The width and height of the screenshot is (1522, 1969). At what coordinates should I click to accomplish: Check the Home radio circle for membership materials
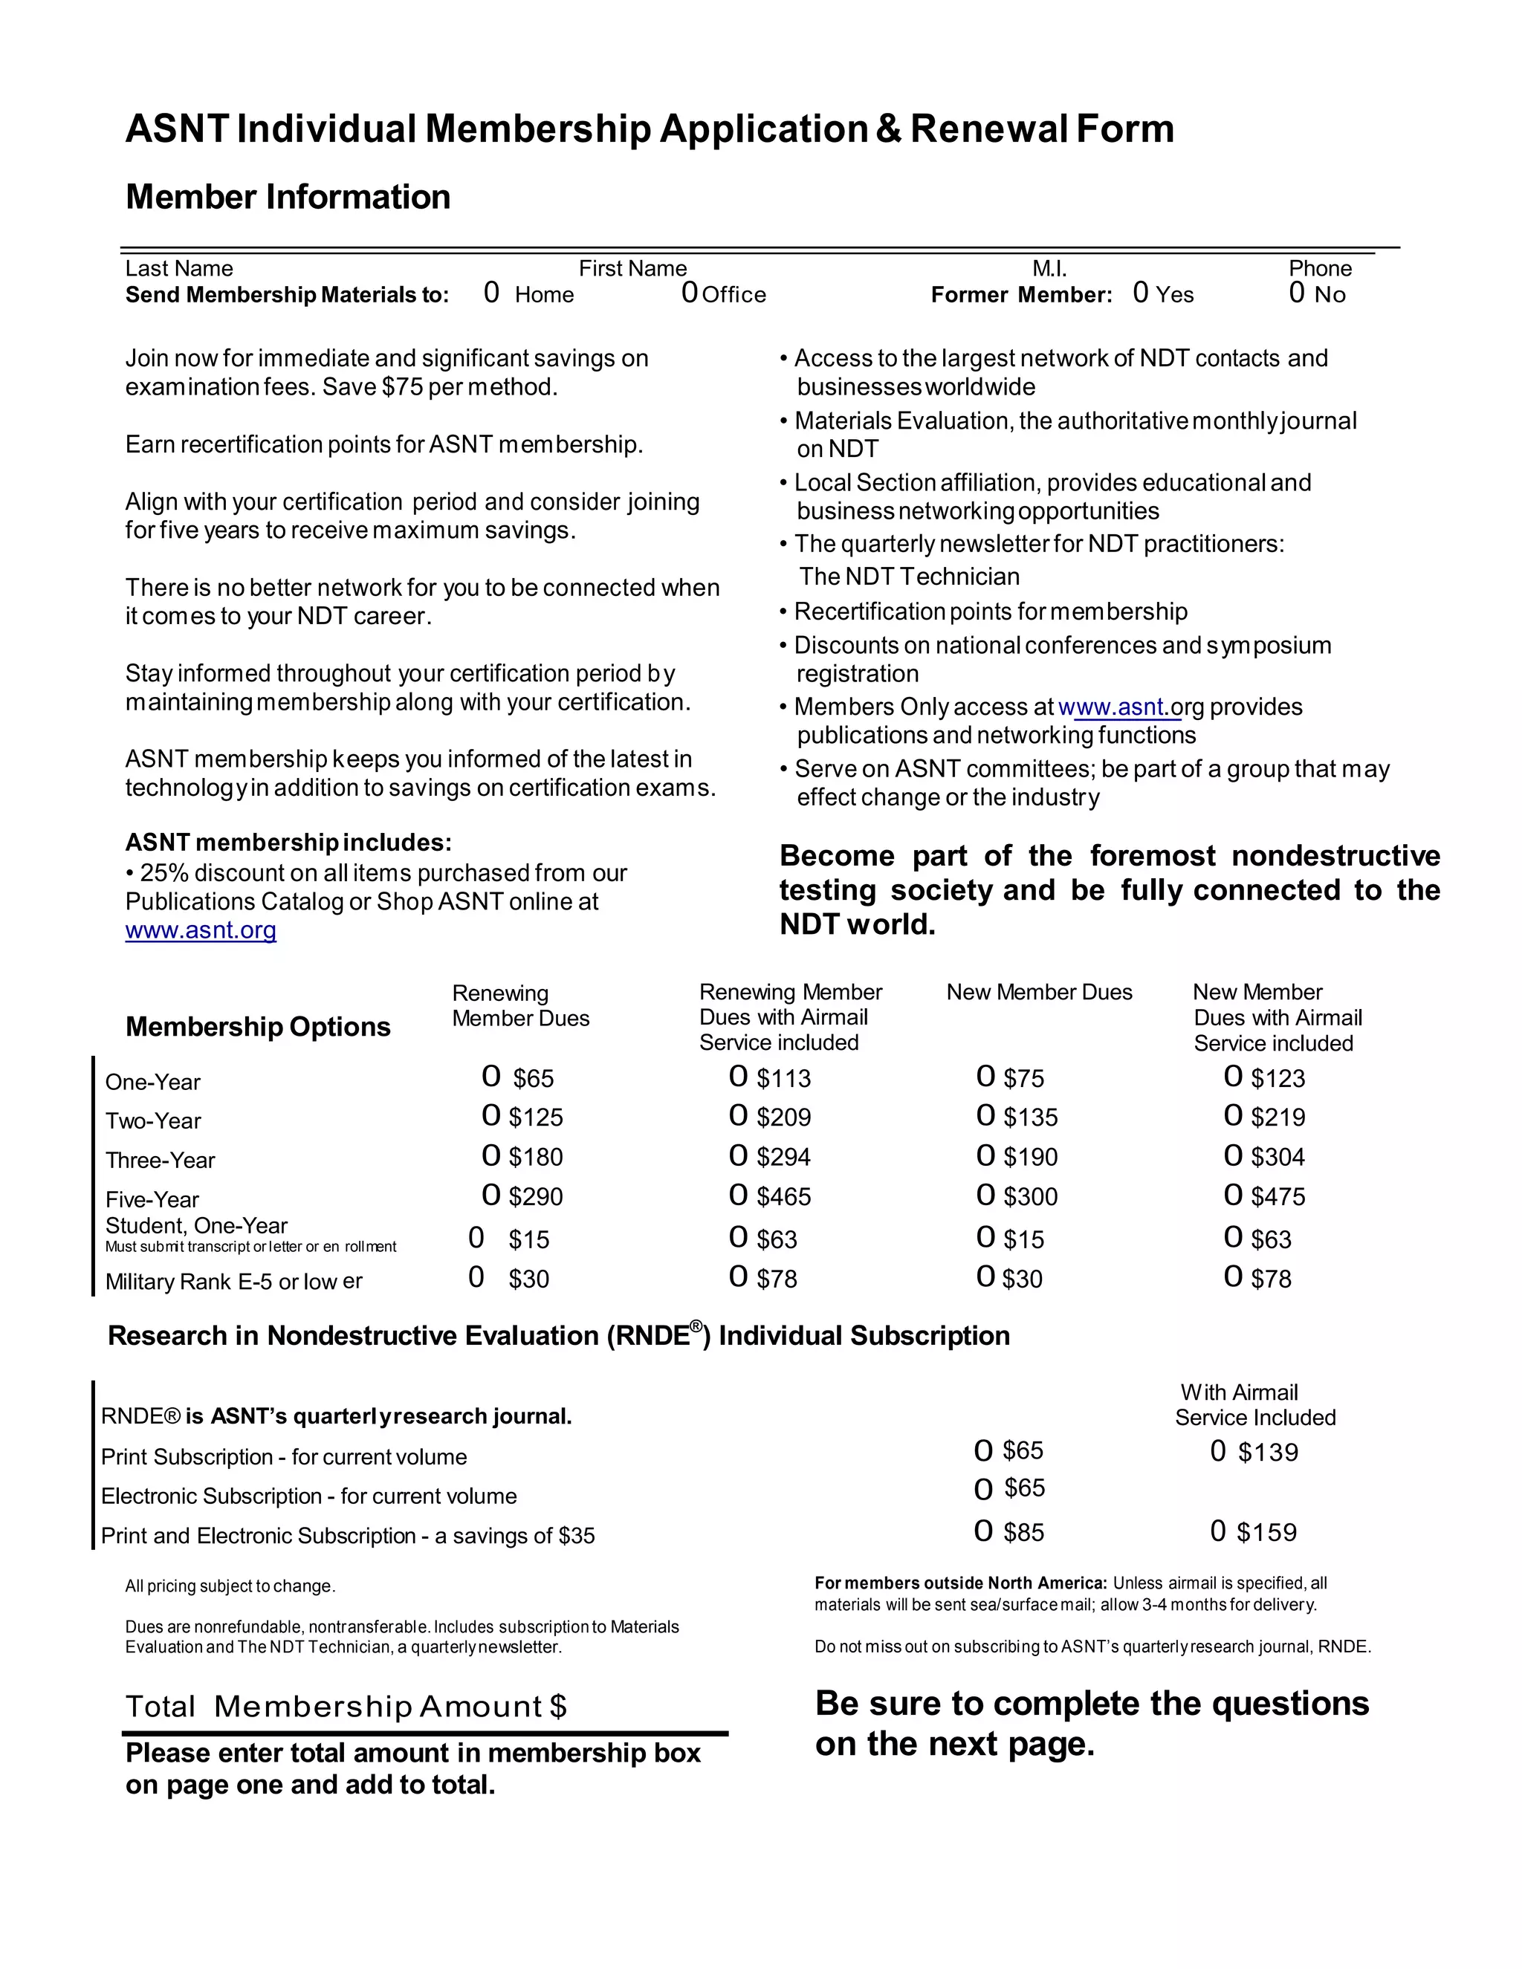pos(491,292)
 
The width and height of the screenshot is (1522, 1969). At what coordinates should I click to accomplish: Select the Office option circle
pos(690,292)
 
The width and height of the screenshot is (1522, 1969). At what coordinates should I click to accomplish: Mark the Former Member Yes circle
pos(1141,292)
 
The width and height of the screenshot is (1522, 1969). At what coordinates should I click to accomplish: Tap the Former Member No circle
pos(1297,292)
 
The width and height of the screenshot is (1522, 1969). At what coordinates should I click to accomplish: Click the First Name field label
pos(632,269)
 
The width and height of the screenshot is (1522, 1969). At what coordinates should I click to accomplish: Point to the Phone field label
pos(1319,269)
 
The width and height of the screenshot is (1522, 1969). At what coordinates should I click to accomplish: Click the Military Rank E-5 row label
pos(233,1281)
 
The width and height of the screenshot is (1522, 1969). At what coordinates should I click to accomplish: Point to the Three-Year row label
pos(160,1161)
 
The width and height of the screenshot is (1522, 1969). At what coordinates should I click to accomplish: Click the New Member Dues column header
pos(1039,993)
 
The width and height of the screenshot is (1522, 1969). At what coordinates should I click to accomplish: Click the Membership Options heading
pos(258,1027)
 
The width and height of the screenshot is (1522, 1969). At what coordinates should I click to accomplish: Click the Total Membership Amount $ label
pos(346,1707)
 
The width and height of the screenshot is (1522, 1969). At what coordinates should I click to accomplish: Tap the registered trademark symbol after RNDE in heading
pos(696,1327)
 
